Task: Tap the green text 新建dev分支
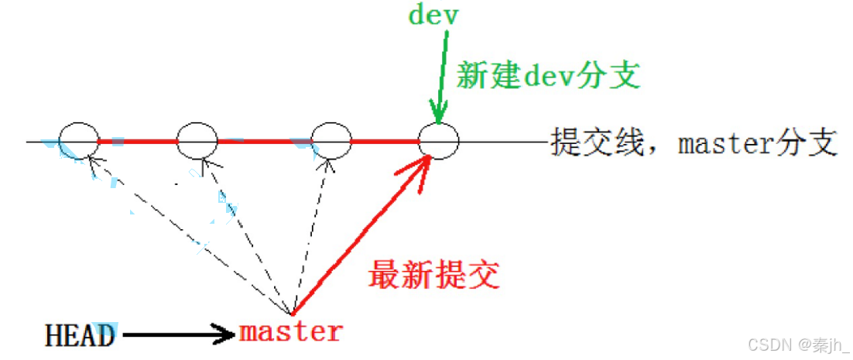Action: pyautogui.click(x=549, y=76)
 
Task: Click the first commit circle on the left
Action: pyautogui.click(x=78, y=142)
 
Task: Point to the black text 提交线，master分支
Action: pyautogui.click(x=694, y=143)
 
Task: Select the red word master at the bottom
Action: pyautogui.click(x=290, y=332)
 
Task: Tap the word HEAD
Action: pyautogui.click(x=80, y=335)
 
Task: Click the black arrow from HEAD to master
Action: pyautogui.click(x=178, y=334)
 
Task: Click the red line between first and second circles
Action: pyautogui.click(x=138, y=142)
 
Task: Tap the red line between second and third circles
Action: pyautogui.click(x=263, y=142)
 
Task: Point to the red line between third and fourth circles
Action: pyautogui.click(x=385, y=142)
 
